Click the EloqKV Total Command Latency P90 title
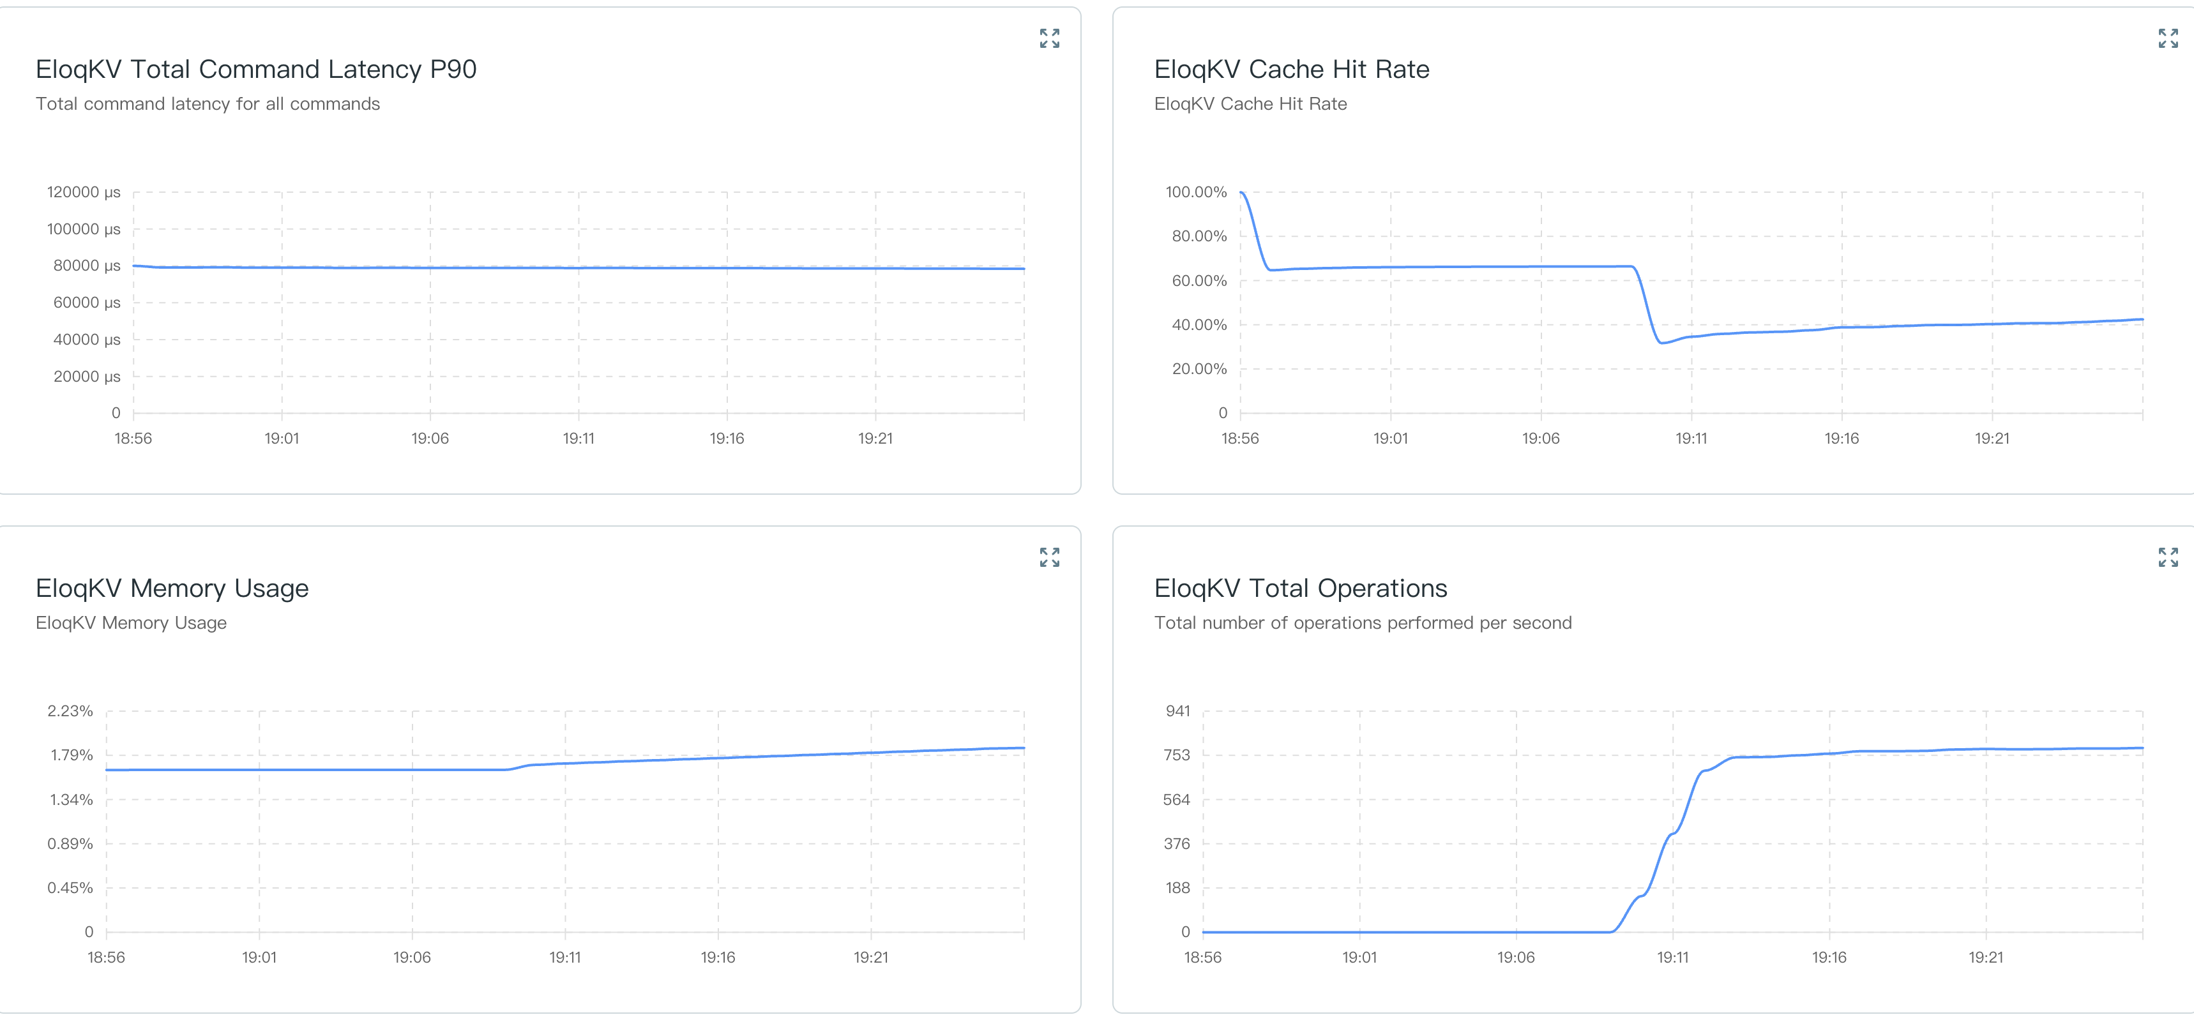255,69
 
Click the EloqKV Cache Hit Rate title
1291,69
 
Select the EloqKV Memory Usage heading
172,589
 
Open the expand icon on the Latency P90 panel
1049,38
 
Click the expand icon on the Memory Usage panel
1049,558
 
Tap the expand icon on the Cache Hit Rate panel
2168,38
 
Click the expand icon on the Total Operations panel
2168,558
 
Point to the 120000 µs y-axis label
84,192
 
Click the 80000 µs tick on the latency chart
87,266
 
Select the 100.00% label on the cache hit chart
1196,192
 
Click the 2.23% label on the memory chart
70,711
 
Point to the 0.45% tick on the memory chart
70,888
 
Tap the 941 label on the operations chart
1178,711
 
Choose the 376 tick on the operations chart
1177,844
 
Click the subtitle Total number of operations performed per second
1362,623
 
